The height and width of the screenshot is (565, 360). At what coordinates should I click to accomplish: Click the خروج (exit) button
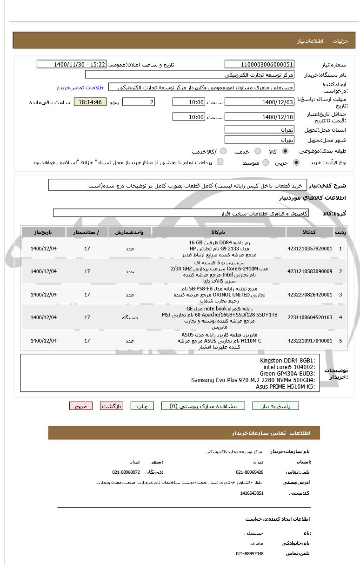point(81,406)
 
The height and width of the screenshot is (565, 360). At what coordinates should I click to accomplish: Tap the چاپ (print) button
point(142,406)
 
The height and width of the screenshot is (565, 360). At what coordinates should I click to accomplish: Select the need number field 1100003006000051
point(259,65)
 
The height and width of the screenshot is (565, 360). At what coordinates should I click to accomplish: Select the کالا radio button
point(285,151)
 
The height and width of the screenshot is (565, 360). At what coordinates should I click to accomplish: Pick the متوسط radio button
point(266,162)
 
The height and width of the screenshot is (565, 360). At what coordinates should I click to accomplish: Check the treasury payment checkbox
point(220,162)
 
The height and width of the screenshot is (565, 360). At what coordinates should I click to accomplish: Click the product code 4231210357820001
point(310,249)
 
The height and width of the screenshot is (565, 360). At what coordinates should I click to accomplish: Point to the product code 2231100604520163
point(310,317)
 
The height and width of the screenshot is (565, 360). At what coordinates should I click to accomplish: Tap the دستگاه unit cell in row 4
point(130,317)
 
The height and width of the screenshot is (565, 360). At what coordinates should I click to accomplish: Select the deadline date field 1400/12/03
point(259,102)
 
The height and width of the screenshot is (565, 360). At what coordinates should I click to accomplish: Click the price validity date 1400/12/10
point(259,117)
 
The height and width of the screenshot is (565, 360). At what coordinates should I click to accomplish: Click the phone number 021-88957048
point(250,553)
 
